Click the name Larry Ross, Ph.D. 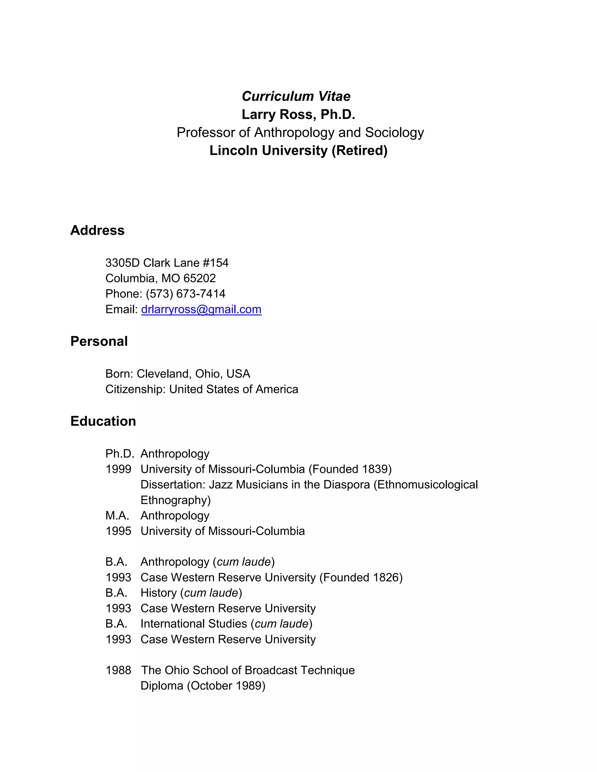pyautogui.click(x=298, y=114)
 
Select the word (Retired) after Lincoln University pyautogui.click(x=359, y=150)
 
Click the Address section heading pyautogui.click(x=97, y=230)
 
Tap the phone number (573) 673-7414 pyautogui.click(x=185, y=293)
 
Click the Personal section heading pyautogui.click(x=99, y=341)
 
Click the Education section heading pyautogui.click(x=103, y=421)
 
